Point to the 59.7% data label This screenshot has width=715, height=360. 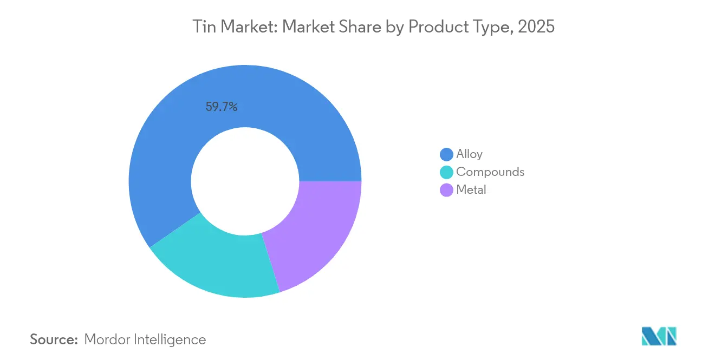click(222, 107)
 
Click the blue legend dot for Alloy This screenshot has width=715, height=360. click(447, 154)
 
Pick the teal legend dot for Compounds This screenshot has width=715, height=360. click(447, 172)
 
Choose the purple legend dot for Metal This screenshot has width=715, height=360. click(447, 190)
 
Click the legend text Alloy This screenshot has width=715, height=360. click(469, 154)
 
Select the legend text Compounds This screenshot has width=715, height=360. click(490, 172)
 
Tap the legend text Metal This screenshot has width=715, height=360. click(471, 190)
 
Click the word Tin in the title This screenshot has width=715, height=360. click(204, 27)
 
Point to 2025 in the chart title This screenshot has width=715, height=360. click(536, 27)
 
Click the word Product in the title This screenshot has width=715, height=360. click(441, 27)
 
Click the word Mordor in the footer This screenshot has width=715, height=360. click(107, 339)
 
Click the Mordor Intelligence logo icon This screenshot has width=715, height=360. click(659, 336)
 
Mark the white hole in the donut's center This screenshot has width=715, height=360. click(245, 181)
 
